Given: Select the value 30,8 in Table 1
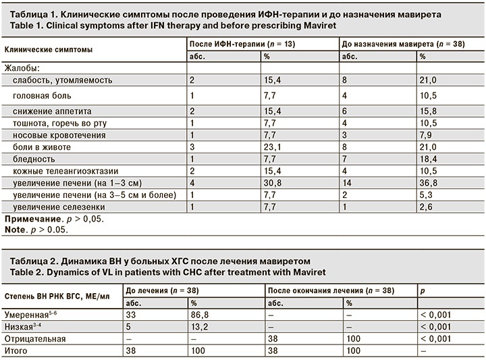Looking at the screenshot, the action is pos(272,183).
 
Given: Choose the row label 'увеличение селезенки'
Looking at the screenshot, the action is pos(49,207).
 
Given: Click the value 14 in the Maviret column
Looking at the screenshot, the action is pos(347,183).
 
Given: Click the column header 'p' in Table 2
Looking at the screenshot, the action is pos(423,291).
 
